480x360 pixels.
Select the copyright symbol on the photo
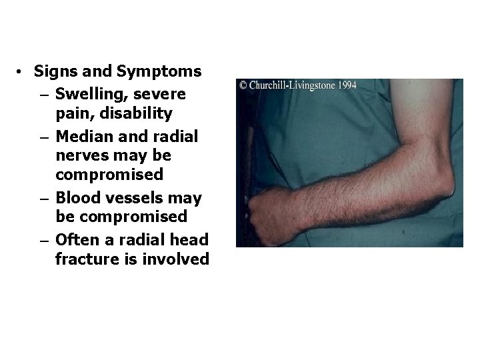(x=243, y=85)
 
